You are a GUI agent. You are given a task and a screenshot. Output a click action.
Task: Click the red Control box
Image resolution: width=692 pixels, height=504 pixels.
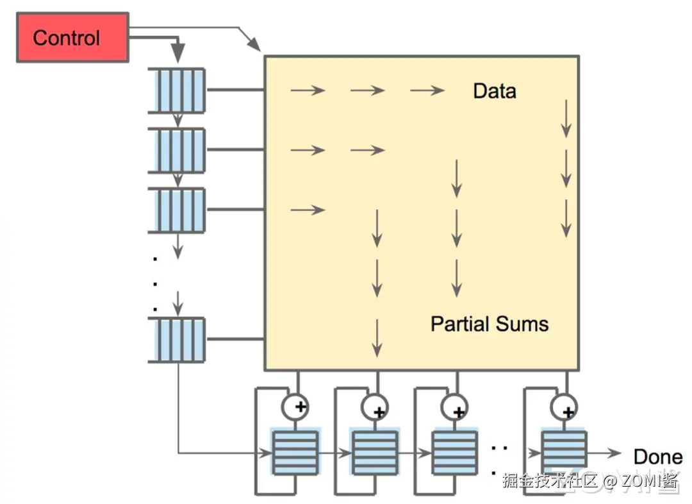click(x=72, y=37)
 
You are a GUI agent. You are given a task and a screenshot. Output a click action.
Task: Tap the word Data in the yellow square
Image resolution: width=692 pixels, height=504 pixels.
click(x=494, y=91)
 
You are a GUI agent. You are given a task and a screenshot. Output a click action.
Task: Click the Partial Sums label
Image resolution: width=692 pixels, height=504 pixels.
click(x=490, y=324)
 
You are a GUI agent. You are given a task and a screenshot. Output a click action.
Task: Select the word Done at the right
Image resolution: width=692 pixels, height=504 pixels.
click(x=657, y=457)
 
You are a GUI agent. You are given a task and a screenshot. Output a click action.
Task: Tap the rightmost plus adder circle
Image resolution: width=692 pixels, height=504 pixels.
click(x=564, y=407)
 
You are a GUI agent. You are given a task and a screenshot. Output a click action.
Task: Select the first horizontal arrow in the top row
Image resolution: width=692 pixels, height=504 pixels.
click(x=308, y=90)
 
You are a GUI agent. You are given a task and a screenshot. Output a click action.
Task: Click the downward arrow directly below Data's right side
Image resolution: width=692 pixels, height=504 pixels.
click(x=566, y=119)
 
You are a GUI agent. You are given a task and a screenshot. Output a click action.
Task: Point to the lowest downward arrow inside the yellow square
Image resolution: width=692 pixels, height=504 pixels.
click(x=377, y=338)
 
